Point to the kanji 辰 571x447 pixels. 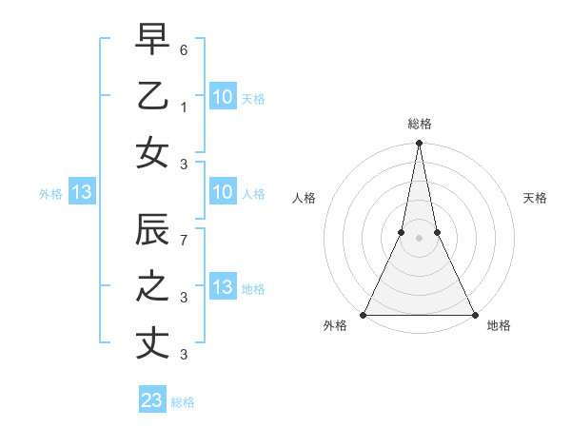[152, 230]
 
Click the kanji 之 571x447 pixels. [152, 286]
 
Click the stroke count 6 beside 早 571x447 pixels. [184, 48]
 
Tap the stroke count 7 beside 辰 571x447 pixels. [184, 239]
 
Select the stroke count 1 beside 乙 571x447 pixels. [184, 107]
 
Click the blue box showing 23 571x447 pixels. [152, 400]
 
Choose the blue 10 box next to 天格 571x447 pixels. [223, 96]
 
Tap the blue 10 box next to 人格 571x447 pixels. [223, 193]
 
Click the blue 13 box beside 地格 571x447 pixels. [223, 288]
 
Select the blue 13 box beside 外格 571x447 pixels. [82, 193]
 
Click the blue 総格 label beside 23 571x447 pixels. [183, 402]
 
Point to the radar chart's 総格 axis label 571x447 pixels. [419, 124]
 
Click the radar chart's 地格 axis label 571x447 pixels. [498, 326]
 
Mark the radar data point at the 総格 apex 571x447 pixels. [419, 144]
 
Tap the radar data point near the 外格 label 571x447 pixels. [364, 315]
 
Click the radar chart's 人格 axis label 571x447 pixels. [304, 199]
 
